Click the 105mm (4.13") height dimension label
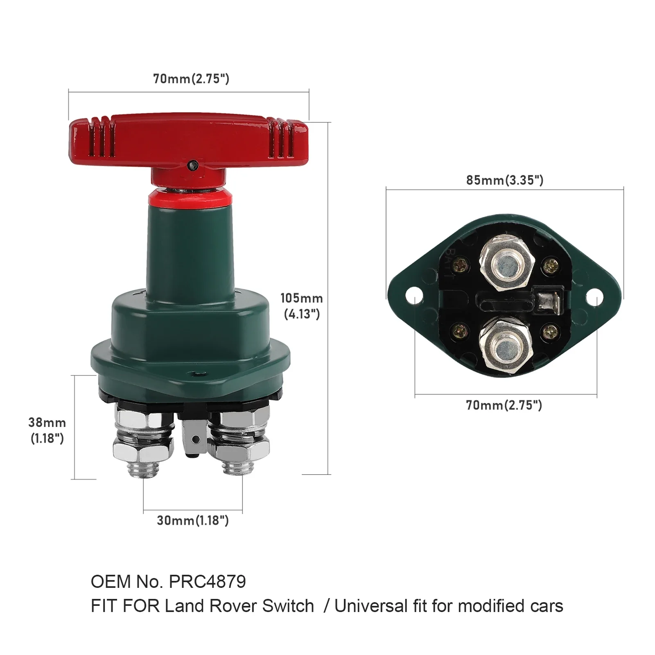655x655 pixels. click(301, 306)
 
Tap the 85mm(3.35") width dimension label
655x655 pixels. click(505, 180)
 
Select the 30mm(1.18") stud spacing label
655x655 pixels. click(192, 520)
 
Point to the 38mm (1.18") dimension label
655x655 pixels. click(47, 430)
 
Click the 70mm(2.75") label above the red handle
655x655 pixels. click(191, 79)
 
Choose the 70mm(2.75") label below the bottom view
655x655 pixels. click(504, 405)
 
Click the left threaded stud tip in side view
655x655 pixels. click(144, 470)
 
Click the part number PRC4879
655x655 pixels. click(207, 581)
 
